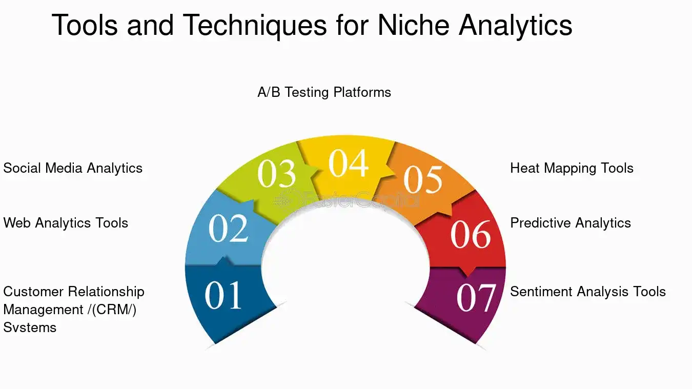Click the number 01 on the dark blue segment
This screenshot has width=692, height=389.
[x=223, y=295]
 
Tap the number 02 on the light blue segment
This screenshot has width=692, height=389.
[x=228, y=228]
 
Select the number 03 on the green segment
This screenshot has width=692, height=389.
[x=277, y=173]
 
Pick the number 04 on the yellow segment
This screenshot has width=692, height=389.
[x=349, y=163]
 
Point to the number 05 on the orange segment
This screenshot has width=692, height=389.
[x=423, y=179]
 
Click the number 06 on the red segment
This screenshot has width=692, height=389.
[x=471, y=234]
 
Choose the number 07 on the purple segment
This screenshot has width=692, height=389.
[x=476, y=298]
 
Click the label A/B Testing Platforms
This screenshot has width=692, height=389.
[x=324, y=92]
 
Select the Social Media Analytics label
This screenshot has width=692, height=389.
[x=73, y=169]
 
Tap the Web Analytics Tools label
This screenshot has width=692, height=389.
[x=66, y=223]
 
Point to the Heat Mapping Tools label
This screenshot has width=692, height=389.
[x=572, y=169]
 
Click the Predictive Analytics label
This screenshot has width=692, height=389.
[x=571, y=223]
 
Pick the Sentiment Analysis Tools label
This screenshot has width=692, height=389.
[x=588, y=292]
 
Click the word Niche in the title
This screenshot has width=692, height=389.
[x=413, y=25]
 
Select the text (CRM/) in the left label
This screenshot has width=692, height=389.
[x=114, y=310]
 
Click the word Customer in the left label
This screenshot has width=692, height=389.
[x=33, y=292]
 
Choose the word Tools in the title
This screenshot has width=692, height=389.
[x=85, y=25]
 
